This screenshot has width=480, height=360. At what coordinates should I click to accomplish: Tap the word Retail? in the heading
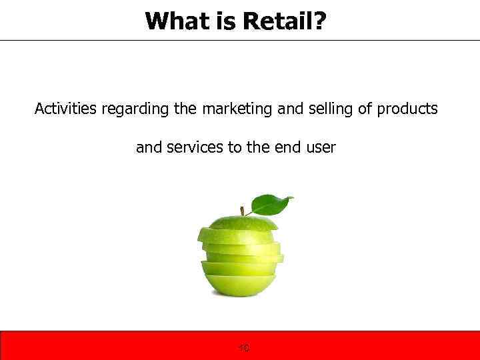click(285, 21)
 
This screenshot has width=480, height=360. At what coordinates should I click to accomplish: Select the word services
click(193, 147)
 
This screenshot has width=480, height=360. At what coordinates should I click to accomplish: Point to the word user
click(321, 147)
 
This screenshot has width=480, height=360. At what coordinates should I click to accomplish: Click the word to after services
click(234, 147)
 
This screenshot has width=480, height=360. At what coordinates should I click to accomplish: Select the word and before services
click(149, 147)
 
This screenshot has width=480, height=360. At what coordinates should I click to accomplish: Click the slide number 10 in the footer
click(243, 348)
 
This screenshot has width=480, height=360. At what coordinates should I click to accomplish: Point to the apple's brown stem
click(242, 211)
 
